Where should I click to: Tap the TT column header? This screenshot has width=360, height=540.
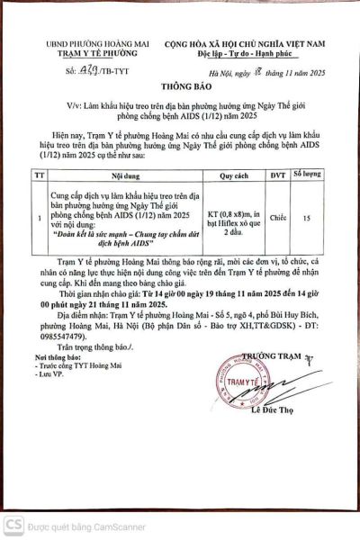[37, 176]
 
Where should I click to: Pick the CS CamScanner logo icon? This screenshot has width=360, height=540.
[12, 524]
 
